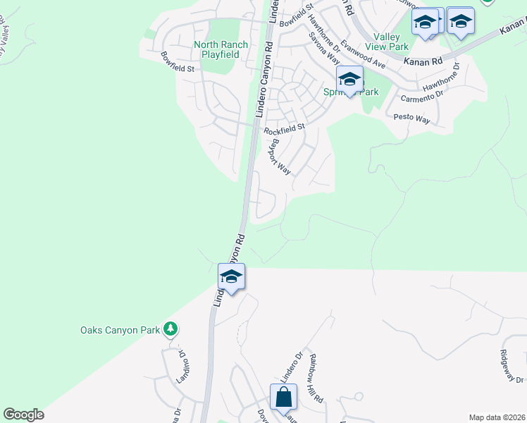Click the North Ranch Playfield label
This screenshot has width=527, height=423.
221,49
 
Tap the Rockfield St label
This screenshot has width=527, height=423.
284,130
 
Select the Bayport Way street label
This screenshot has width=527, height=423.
280,157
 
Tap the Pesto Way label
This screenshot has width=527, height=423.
411,118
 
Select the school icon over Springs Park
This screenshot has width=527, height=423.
349,80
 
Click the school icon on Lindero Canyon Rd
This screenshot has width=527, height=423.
231,276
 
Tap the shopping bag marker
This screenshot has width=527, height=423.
283,396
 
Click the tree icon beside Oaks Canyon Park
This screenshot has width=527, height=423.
170,329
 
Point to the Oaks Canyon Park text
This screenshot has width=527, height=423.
120,329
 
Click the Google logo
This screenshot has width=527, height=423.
23,415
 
